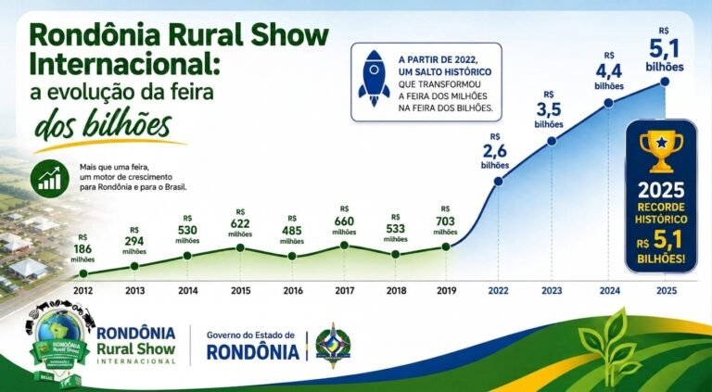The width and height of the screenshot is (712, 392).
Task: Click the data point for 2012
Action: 83,273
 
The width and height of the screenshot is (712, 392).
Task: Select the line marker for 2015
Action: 240,247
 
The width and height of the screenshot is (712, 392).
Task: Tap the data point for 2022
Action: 498,181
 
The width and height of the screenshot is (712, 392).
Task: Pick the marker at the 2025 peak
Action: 665,82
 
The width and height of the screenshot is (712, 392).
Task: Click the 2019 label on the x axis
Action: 446,291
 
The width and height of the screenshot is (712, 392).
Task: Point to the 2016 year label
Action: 293,291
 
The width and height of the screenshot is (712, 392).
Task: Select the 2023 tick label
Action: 552,291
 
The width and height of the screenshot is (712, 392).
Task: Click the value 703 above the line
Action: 445,221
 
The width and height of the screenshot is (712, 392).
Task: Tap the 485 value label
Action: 292,231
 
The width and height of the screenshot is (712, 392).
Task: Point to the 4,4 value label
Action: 609,71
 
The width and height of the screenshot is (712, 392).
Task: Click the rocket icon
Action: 374,78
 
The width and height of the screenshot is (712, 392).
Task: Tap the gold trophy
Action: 661,151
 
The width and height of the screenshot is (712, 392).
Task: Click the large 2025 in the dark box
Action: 661,190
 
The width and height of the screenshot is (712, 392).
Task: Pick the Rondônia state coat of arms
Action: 334,346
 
